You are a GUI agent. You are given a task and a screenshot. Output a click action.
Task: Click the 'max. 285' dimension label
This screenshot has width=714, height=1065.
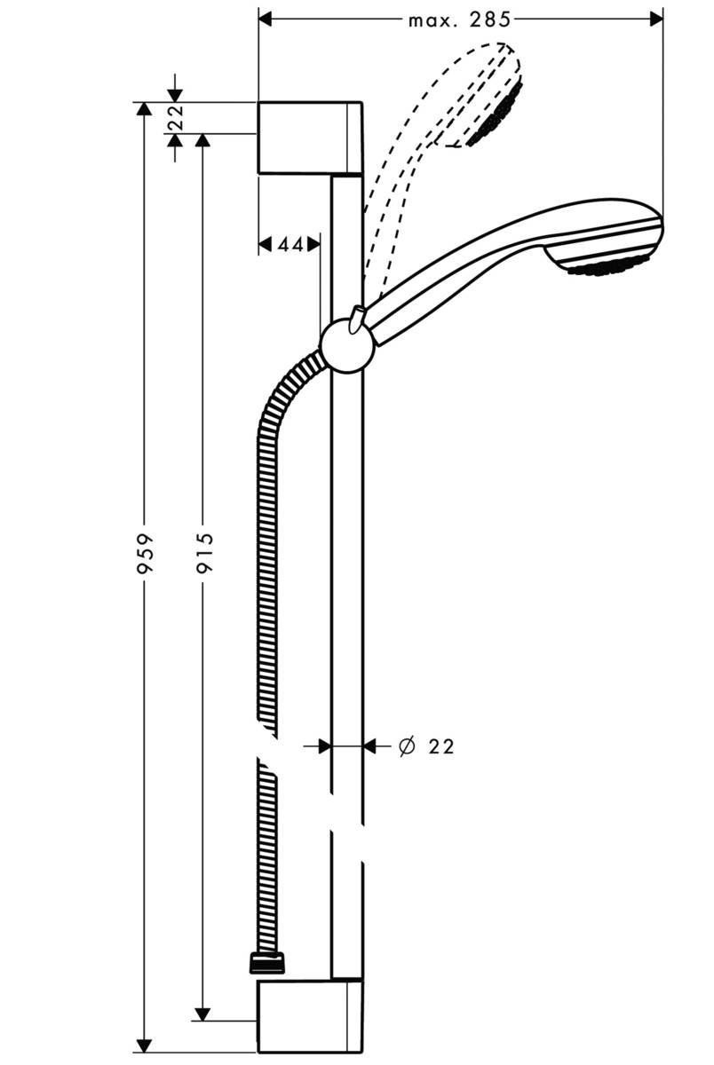click(460, 19)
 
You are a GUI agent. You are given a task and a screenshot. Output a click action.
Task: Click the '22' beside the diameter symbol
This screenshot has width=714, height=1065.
click(440, 747)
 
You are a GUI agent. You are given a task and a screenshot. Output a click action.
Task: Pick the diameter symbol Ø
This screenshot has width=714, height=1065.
click(406, 747)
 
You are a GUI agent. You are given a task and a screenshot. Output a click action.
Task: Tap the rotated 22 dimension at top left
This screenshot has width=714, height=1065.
click(175, 118)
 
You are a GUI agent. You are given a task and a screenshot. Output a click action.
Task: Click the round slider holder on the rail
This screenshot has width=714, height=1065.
click(347, 345)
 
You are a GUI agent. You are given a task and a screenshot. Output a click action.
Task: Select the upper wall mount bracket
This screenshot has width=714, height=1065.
click(309, 138)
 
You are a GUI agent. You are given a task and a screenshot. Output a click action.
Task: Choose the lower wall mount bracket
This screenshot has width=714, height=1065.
click(309, 1015)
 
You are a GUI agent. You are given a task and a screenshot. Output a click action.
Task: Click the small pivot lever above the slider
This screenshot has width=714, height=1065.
click(359, 318)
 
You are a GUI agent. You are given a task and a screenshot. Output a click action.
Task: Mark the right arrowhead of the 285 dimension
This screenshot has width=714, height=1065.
click(656, 19)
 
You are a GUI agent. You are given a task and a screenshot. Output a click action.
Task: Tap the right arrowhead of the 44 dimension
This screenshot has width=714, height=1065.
click(313, 244)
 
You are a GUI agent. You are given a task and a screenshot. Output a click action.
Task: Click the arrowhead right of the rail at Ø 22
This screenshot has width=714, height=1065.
click(370, 747)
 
